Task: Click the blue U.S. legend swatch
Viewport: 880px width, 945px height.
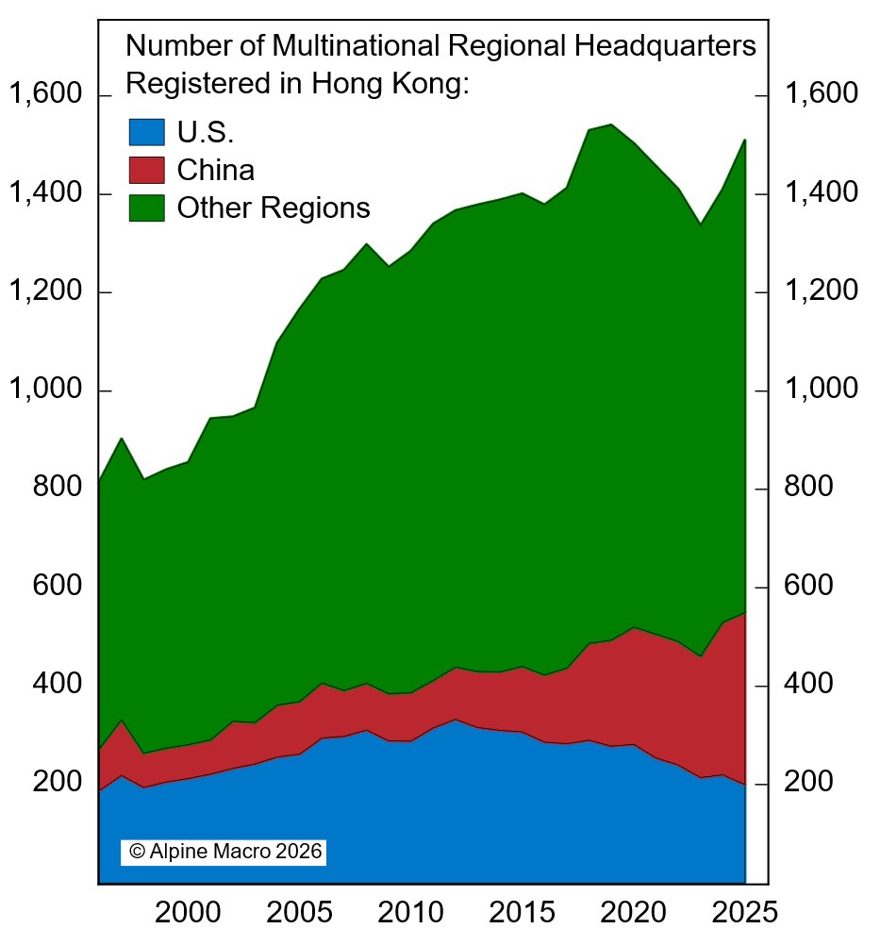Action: click(146, 131)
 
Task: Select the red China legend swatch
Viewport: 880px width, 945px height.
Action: click(146, 170)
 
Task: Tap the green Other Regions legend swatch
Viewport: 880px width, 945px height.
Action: click(146, 207)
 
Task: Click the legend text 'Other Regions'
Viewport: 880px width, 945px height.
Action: click(274, 207)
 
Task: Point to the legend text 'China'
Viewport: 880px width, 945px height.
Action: click(215, 170)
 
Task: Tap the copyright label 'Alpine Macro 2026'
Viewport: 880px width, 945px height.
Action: click(224, 851)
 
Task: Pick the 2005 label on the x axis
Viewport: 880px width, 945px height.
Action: click(299, 913)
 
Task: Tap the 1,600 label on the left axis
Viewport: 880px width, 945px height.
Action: click(45, 94)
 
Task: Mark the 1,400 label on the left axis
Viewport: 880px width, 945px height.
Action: click(45, 193)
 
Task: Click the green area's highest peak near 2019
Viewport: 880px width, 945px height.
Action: click(611, 125)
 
